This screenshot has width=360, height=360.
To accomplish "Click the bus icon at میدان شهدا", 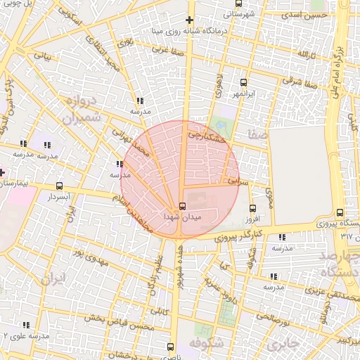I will point(183,206).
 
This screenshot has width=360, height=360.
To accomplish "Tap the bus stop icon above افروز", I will point(253,207).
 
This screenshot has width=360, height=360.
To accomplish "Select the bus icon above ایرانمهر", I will point(244,82).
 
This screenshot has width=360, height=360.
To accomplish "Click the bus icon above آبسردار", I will point(58,187).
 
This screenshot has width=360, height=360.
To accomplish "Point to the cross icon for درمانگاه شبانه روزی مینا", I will point(189,20).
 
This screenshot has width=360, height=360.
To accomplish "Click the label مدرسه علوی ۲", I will point(26,336).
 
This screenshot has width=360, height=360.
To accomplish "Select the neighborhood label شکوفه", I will point(207,344).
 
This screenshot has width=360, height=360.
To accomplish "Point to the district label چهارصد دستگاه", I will point(335,264).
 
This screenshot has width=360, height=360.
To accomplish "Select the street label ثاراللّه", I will point(303,54).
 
